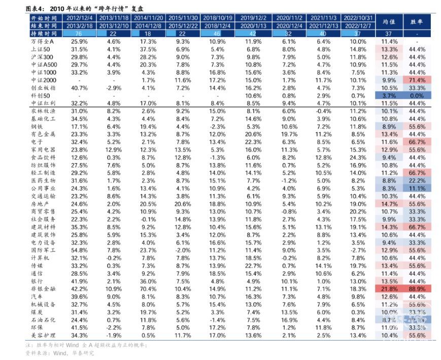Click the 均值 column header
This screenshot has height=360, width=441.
tap(389, 21)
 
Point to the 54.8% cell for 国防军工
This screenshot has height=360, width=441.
tap(79, 249)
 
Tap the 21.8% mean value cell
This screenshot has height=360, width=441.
tap(389, 289)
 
